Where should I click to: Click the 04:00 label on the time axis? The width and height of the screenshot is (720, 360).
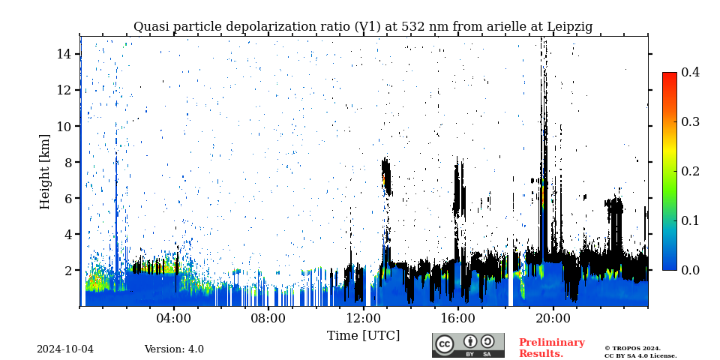[174, 318]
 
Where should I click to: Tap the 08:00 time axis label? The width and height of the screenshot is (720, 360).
[268, 318]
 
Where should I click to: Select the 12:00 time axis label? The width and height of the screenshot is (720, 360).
[364, 318]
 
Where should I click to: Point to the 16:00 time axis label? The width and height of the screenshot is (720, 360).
[458, 318]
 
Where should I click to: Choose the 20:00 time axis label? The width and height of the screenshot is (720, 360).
[553, 318]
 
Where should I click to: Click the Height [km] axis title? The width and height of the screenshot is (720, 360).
[45, 171]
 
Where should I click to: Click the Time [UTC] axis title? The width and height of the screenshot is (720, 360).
[363, 335]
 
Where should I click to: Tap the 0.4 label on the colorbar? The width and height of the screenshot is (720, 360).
[690, 72]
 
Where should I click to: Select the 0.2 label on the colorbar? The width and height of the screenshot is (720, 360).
[690, 171]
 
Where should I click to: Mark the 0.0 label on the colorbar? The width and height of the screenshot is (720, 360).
[690, 270]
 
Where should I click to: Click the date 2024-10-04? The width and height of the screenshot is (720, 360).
[65, 349]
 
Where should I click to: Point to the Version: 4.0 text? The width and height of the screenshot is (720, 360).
[174, 349]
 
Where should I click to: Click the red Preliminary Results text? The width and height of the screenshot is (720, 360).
[551, 348]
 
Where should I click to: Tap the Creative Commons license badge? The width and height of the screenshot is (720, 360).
[468, 345]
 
